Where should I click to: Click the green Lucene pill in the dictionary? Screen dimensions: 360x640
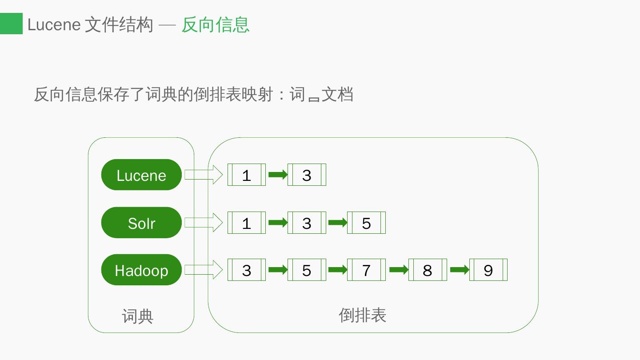(x=141, y=175)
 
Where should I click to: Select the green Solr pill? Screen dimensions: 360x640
(x=141, y=223)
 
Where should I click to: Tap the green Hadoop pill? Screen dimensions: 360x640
(x=141, y=270)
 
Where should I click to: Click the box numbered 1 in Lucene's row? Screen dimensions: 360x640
(x=247, y=175)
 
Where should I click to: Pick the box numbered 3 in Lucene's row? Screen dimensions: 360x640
(x=307, y=175)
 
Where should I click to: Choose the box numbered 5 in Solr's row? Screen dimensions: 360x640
(x=366, y=223)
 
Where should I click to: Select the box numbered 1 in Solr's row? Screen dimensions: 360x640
(x=247, y=223)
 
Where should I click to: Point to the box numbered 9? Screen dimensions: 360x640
(x=488, y=270)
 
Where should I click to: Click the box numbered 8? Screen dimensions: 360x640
(x=428, y=270)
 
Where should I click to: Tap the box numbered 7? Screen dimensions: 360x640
(x=366, y=270)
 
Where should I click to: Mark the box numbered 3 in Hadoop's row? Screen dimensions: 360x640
(x=247, y=270)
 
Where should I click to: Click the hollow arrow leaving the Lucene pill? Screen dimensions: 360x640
(x=204, y=175)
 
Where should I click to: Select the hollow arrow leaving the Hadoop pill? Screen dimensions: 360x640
(x=204, y=270)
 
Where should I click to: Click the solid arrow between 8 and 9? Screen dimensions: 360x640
(x=460, y=270)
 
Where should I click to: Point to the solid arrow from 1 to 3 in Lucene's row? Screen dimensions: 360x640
(x=278, y=175)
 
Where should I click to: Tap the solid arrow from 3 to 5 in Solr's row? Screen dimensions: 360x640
(x=337, y=223)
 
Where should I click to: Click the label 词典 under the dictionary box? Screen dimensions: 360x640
(x=138, y=316)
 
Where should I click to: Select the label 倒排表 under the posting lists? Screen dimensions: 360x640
(x=362, y=315)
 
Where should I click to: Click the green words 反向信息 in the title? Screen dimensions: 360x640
(x=215, y=24)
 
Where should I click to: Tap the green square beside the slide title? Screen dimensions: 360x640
(x=11, y=24)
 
